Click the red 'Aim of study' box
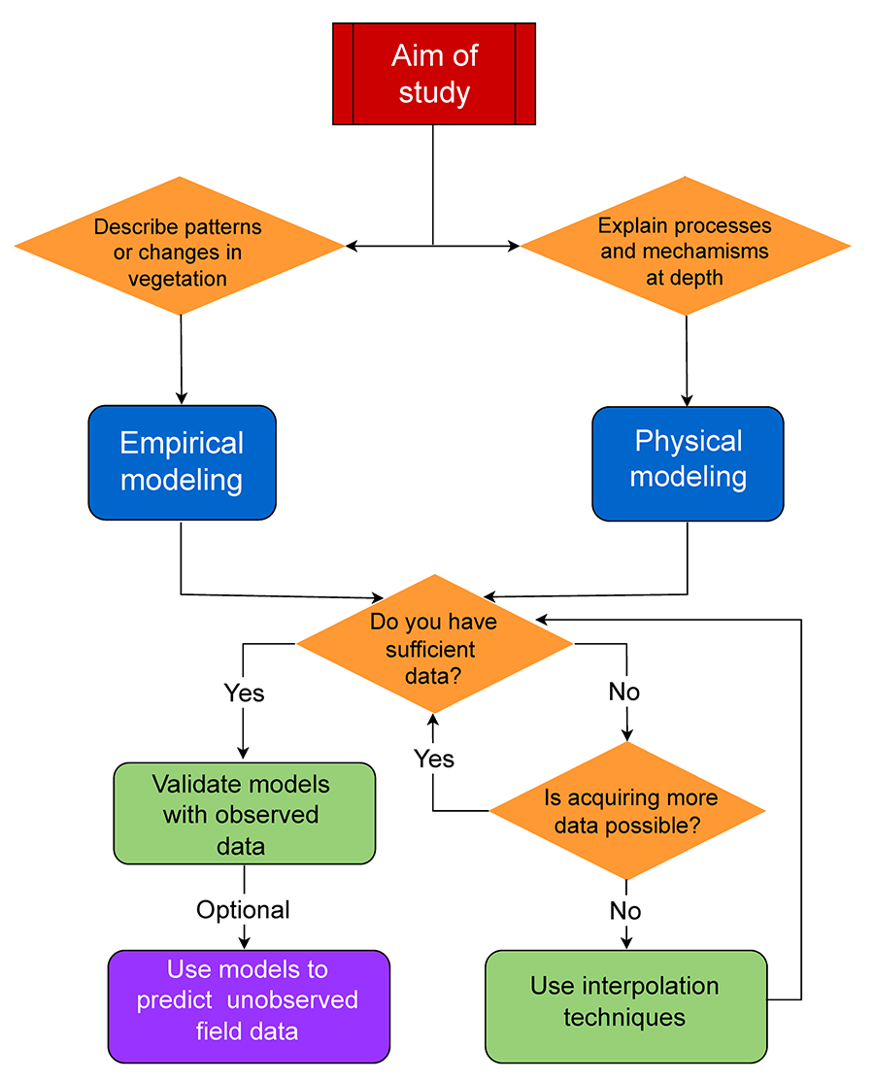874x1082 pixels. [434, 74]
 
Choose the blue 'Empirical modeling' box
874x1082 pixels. [182, 461]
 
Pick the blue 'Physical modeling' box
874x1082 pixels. [688, 459]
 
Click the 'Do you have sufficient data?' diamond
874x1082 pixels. [434, 643]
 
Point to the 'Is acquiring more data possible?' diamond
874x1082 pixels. [626, 810]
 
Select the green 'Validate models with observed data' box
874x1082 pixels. [244, 813]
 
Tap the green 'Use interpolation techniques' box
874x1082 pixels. [625, 1004]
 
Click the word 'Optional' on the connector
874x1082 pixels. [243, 910]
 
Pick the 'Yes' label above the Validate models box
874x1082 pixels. [244, 693]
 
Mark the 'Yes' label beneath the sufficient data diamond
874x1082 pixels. [434, 758]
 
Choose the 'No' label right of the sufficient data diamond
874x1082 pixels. [624, 693]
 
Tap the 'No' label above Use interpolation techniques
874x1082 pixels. [625, 911]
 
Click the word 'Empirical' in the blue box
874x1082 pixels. [182, 443]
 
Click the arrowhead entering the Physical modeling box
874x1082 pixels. [688, 399]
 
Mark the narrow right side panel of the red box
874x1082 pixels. [524, 74]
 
